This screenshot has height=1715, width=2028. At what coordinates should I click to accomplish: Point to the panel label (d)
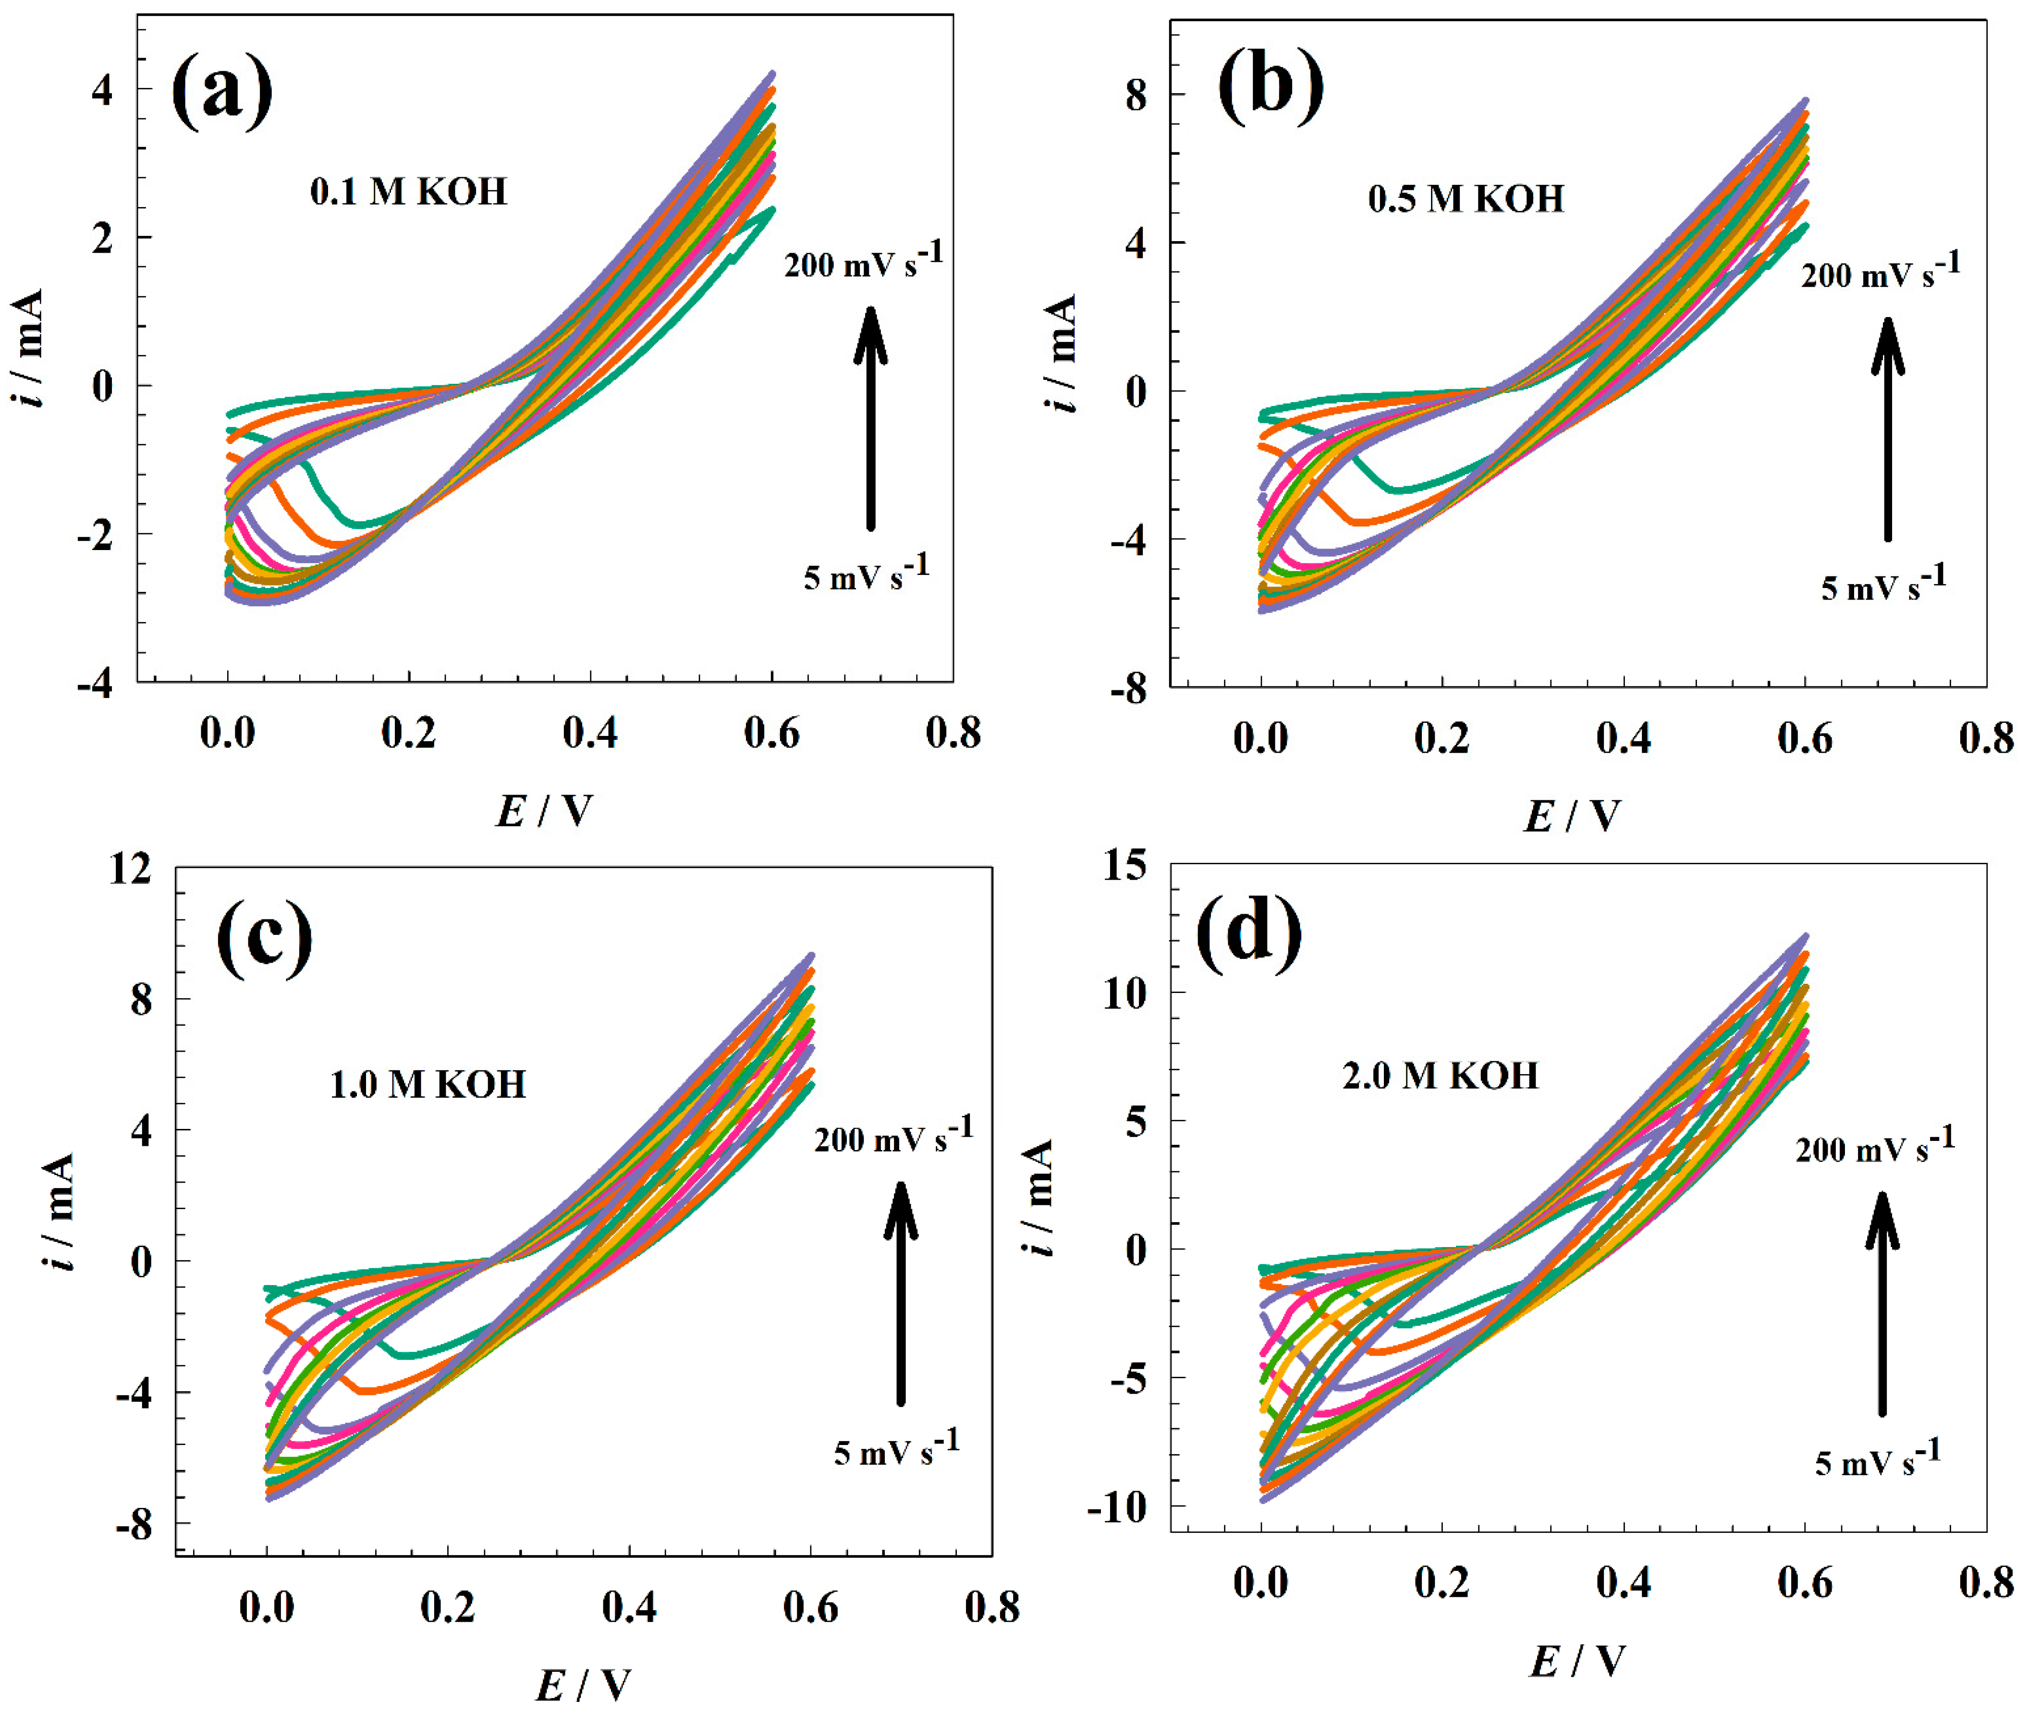1248,931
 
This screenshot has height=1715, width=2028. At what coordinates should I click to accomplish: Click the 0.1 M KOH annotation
408,192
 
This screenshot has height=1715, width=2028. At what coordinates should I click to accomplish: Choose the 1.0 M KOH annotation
428,1084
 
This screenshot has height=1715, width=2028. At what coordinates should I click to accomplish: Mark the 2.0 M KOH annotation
1440,1075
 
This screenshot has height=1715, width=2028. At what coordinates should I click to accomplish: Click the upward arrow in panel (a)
870,418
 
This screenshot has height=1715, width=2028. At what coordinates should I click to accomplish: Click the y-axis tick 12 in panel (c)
130,868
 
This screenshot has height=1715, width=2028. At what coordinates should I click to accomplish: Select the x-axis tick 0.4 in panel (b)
1623,739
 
